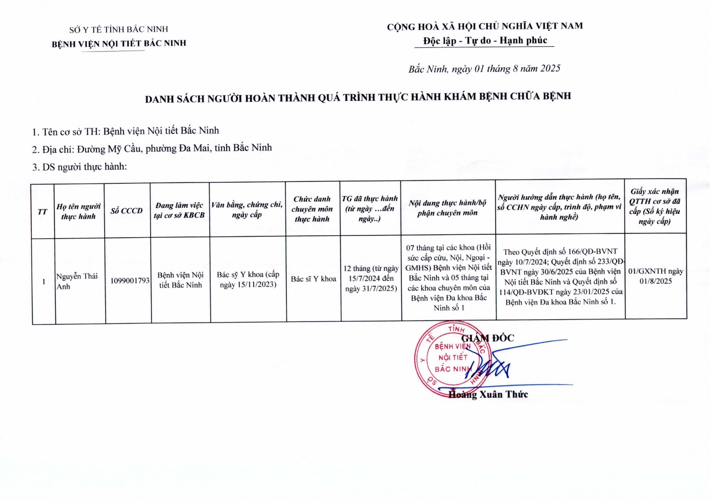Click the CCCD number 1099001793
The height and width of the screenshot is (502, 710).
pyautogui.click(x=130, y=280)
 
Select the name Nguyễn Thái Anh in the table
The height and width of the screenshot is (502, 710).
pyautogui.click(x=77, y=281)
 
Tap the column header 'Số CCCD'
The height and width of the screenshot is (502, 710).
pyautogui.click(x=126, y=211)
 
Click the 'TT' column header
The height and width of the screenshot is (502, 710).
pyautogui.click(x=43, y=212)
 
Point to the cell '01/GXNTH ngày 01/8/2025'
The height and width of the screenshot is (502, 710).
pyautogui.click(x=656, y=276)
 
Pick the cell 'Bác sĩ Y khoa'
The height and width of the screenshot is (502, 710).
pyautogui.click(x=313, y=279)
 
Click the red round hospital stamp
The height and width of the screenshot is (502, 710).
pyautogui.click(x=445, y=359)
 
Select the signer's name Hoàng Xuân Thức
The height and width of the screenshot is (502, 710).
pyautogui.click(x=488, y=394)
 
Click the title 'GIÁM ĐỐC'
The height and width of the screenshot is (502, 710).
pyautogui.click(x=488, y=338)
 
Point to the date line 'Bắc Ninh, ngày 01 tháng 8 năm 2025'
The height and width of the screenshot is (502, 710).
pyautogui.click(x=484, y=69)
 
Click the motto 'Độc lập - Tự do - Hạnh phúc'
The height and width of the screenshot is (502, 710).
pyautogui.click(x=485, y=41)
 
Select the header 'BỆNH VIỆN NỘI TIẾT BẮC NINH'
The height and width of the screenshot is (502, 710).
pyautogui.click(x=119, y=44)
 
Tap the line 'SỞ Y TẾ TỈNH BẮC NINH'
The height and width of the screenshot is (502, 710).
pyautogui.click(x=118, y=29)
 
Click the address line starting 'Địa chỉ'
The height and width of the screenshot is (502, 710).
pyautogui.click(x=152, y=149)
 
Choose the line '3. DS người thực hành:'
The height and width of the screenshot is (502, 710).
pyautogui.click(x=80, y=167)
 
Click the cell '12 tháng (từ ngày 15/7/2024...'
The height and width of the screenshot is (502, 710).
pyautogui.click(x=371, y=278)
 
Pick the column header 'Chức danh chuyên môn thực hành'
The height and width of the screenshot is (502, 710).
pyautogui.click(x=312, y=209)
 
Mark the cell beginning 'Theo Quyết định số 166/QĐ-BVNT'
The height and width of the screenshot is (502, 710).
pyautogui.click(x=560, y=277)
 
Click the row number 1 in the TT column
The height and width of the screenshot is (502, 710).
pyautogui.click(x=44, y=282)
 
